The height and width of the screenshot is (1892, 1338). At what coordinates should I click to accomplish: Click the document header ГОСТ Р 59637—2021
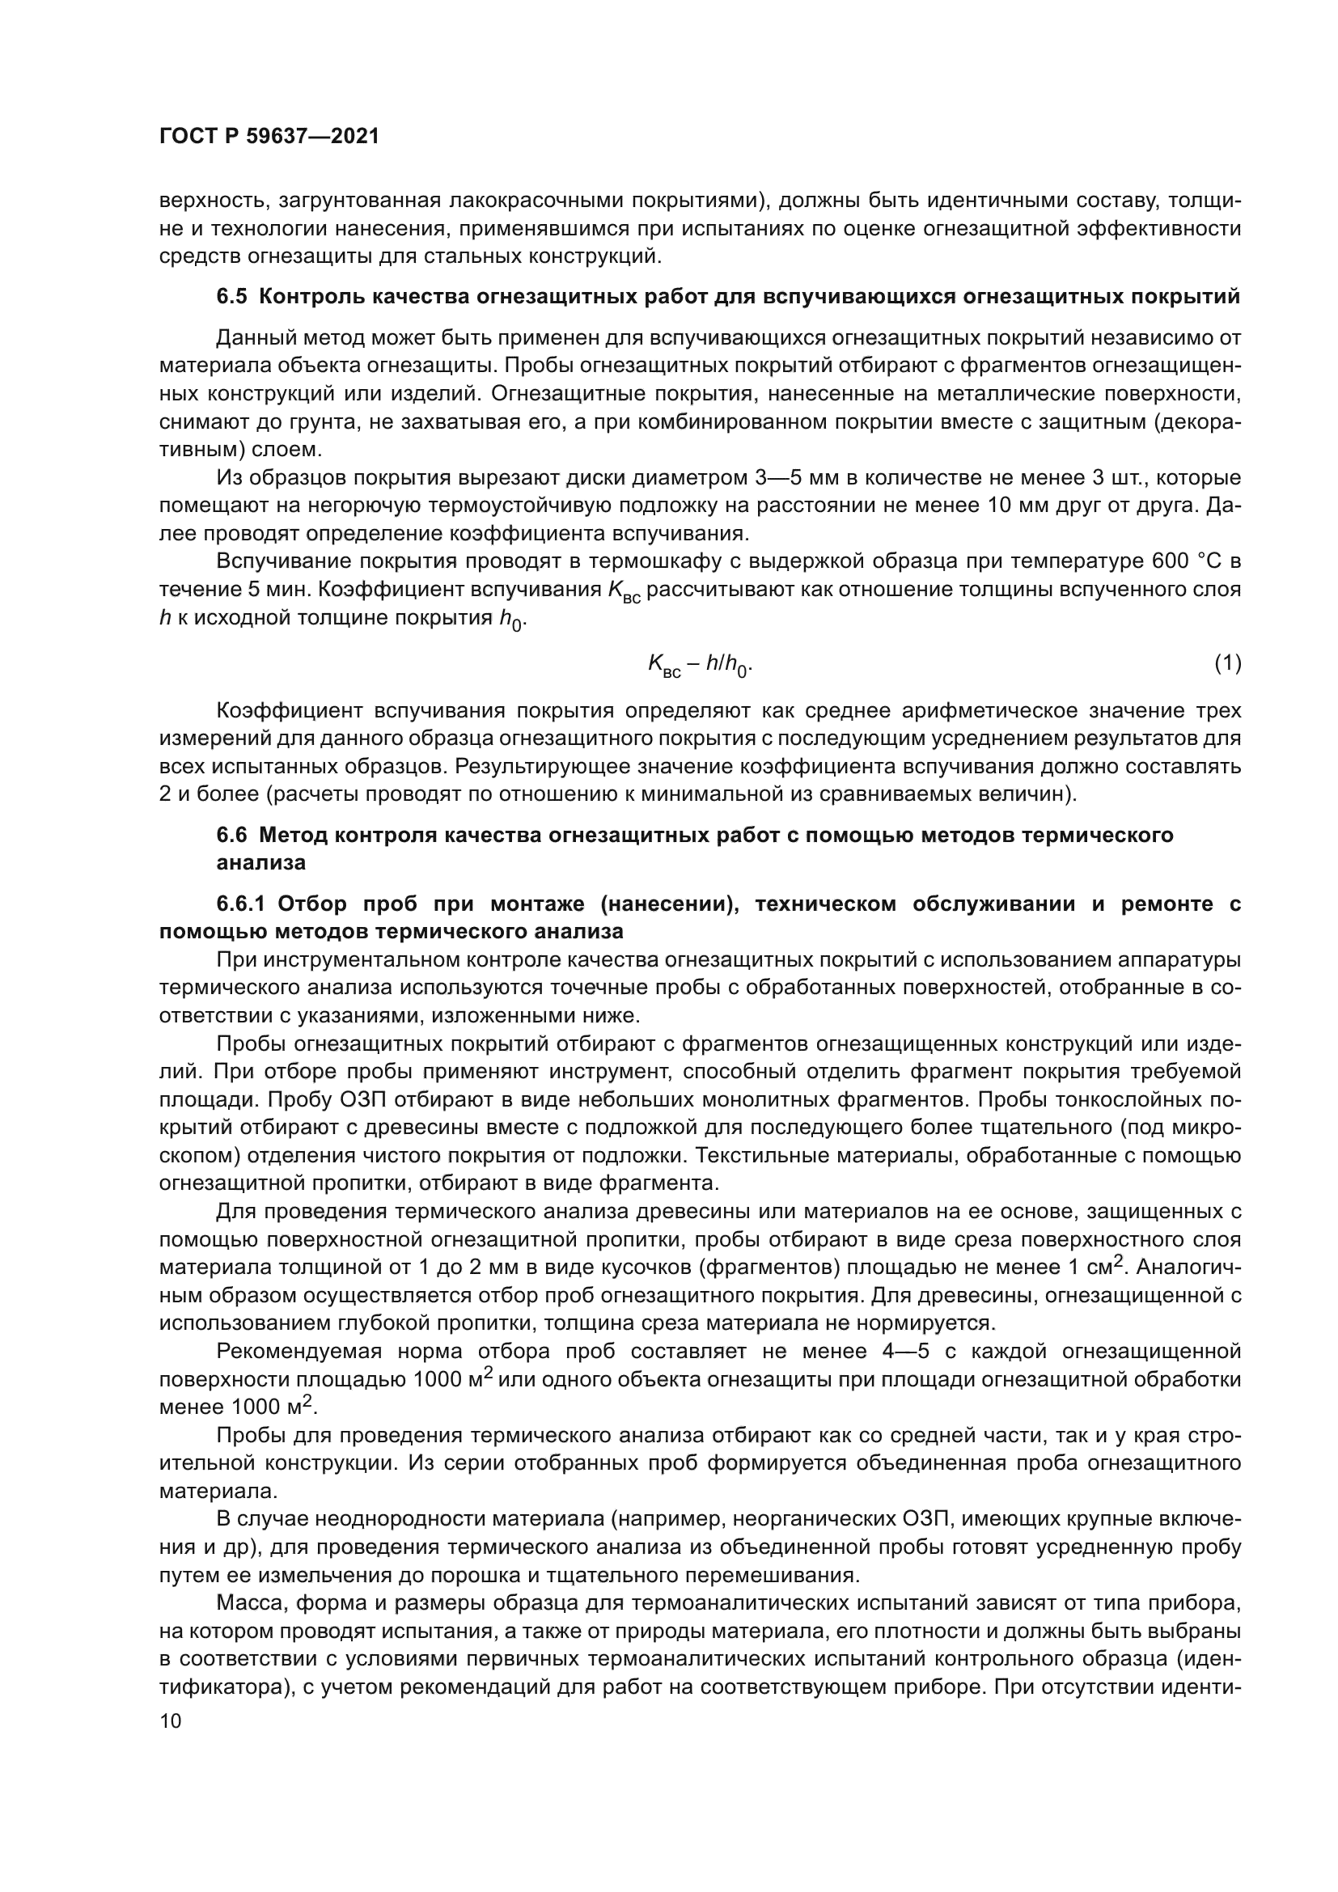tap(269, 137)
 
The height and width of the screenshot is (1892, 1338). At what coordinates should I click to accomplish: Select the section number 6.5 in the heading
tap(231, 297)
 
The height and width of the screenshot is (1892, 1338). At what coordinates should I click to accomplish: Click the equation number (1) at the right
tap(1228, 662)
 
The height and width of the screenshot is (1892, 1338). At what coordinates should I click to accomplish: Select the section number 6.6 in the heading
tap(231, 835)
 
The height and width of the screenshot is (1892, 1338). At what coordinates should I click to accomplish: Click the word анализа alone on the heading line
tap(261, 863)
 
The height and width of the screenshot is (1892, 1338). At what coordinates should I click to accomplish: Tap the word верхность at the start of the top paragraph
tap(214, 201)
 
